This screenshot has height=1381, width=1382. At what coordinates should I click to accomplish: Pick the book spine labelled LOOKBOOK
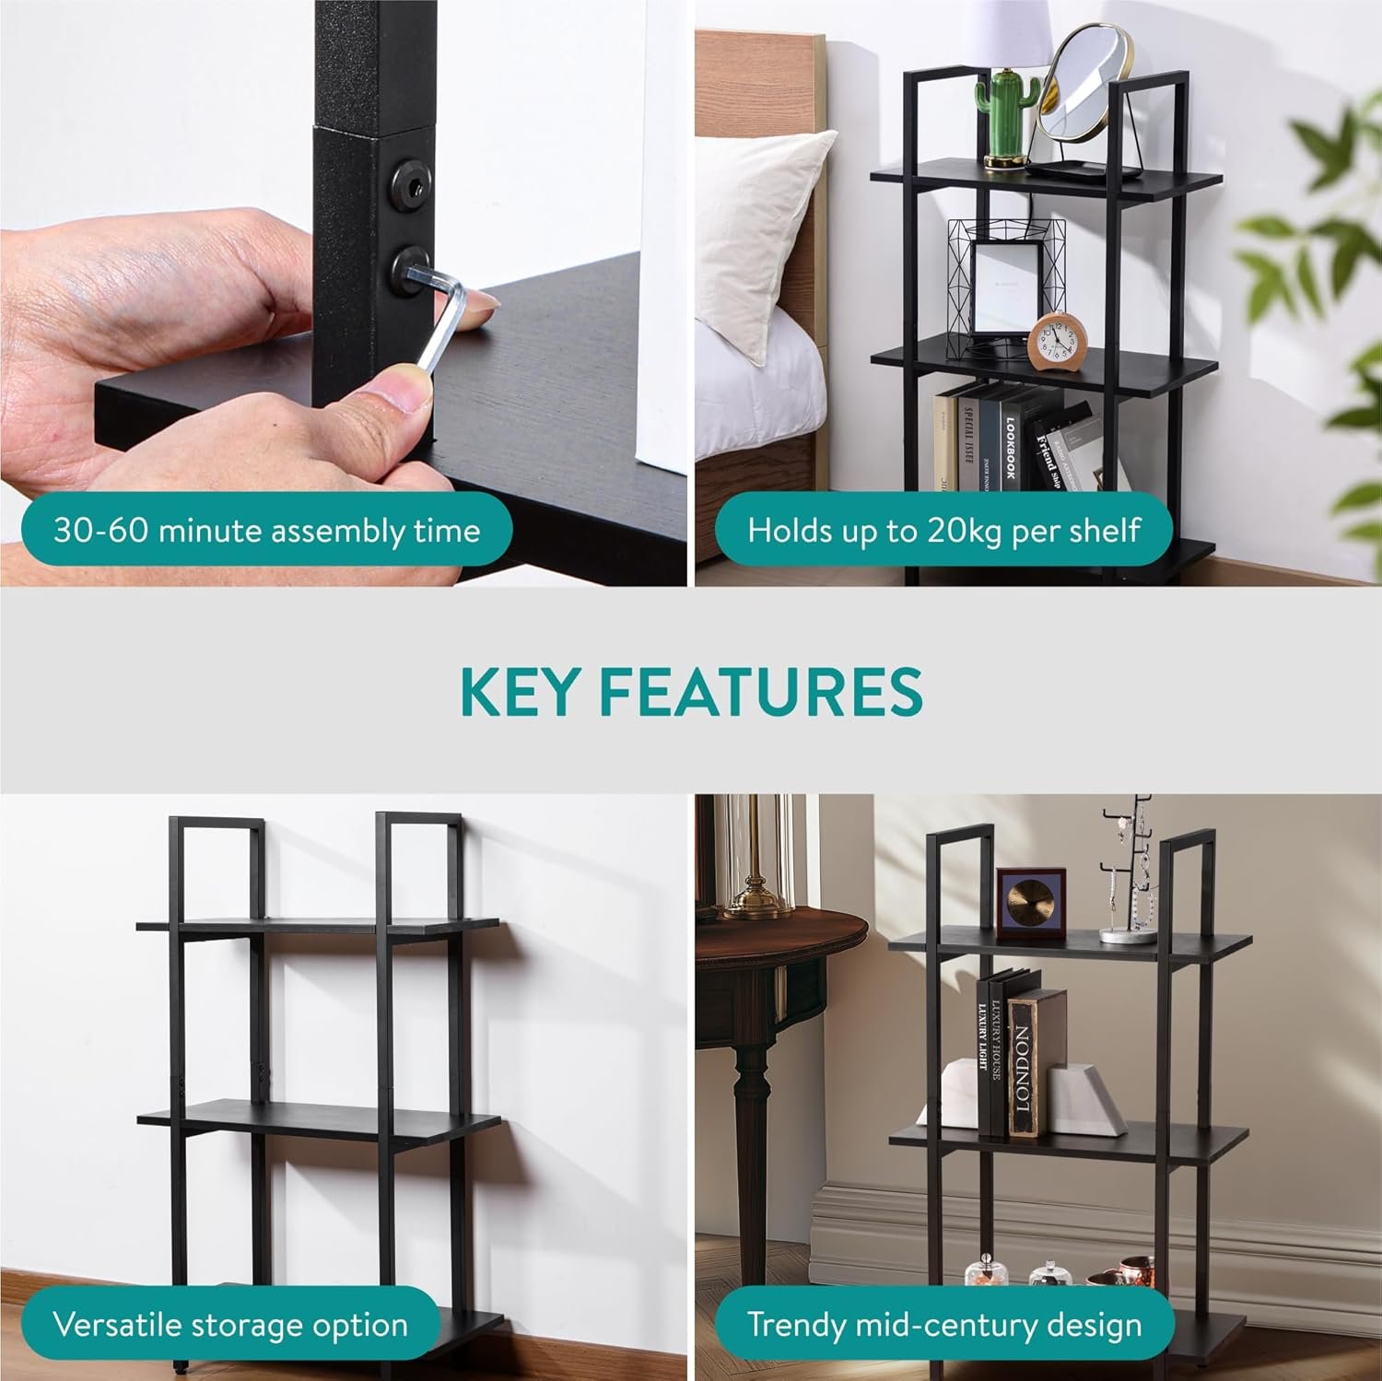(1011, 442)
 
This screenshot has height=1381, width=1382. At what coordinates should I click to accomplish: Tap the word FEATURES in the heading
(766, 692)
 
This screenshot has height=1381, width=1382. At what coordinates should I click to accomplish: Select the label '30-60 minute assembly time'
(266, 531)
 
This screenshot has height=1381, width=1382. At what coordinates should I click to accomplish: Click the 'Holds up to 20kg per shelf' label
(944, 531)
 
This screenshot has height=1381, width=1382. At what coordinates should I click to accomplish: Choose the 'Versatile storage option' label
(230, 1325)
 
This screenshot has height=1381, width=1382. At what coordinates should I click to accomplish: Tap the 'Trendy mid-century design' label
(944, 1325)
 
